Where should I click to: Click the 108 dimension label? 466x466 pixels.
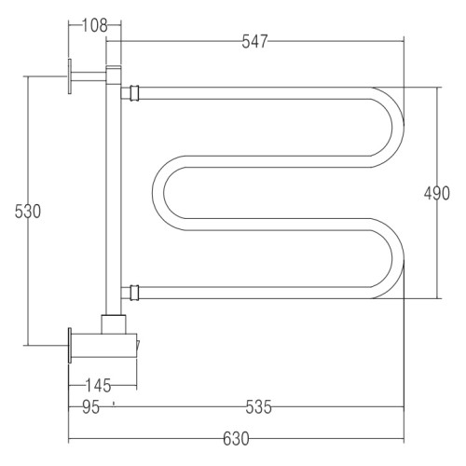coord(95,25)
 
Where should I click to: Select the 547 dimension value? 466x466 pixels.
coord(254,41)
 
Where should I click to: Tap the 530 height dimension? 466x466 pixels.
coord(28,212)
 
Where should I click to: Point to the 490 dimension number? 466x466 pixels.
coord(437,193)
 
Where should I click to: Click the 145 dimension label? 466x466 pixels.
coord(98,386)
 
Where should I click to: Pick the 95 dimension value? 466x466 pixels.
coord(90,407)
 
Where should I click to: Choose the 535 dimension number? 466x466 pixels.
coord(258,407)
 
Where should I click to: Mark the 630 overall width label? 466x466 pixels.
coord(236,439)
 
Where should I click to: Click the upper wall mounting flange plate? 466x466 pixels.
coord(70,76)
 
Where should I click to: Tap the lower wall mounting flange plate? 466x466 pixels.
coord(70,345)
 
